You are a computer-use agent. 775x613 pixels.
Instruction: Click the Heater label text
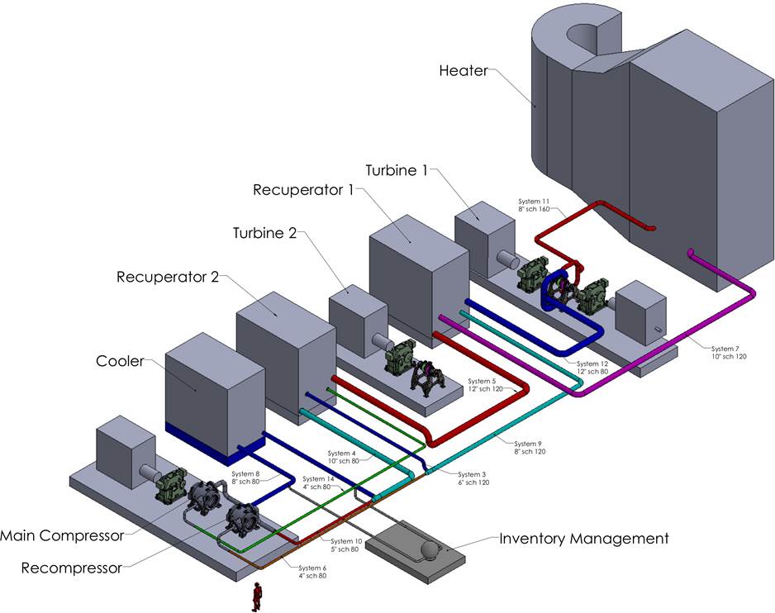click(465, 71)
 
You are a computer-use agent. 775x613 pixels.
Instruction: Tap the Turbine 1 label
click(402, 170)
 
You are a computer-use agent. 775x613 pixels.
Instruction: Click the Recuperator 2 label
click(168, 276)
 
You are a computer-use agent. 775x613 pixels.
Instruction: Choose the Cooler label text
click(120, 361)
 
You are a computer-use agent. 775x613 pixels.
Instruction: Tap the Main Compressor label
click(62, 535)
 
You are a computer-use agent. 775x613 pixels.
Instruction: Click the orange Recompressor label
click(71, 568)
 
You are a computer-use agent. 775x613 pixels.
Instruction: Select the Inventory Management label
click(583, 539)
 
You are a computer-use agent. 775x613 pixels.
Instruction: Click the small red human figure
click(257, 594)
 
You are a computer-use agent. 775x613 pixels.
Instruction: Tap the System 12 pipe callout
click(592, 368)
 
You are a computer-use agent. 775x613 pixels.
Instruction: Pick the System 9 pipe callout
click(529, 448)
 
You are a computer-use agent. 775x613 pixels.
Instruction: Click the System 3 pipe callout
click(474, 478)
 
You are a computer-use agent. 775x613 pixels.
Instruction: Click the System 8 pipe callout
click(245, 478)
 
